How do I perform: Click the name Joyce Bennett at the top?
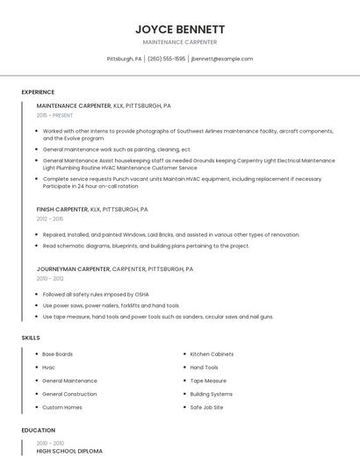click(180, 29)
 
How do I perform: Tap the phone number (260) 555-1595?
click(166, 59)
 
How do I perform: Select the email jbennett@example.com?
click(222, 59)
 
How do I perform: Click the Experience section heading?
click(38, 92)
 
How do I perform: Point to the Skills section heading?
click(31, 338)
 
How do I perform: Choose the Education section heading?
click(38, 430)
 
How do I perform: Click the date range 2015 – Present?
click(54, 115)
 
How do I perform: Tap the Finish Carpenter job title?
click(62, 210)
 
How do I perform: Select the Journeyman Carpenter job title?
click(73, 269)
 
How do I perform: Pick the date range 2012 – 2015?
click(49, 219)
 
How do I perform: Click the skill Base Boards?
click(57, 354)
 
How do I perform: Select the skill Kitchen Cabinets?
click(211, 354)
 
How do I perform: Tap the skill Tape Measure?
click(208, 381)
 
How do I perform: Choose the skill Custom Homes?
click(61, 407)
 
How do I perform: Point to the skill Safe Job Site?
click(206, 407)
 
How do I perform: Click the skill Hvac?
click(48, 368)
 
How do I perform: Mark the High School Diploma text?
click(69, 451)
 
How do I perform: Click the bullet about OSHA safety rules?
click(96, 295)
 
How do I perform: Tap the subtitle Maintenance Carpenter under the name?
click(180, 42)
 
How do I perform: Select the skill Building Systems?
click(211, 394)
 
